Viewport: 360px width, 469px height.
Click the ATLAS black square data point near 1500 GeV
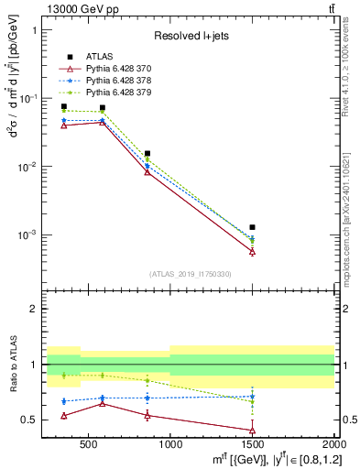pos(252,227)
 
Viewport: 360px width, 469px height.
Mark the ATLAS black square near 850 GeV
pos(147,154)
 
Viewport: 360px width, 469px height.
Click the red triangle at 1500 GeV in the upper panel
pos(252,251)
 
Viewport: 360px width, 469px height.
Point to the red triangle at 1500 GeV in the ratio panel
pos(252,431)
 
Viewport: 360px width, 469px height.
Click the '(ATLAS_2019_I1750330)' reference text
pos(191,274)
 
